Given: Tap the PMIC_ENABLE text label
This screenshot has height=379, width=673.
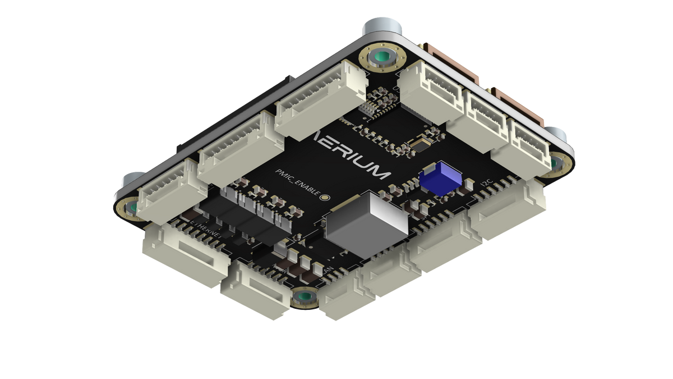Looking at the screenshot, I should tap(296, 184).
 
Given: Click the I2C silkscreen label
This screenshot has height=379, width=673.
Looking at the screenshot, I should tap(486, 183).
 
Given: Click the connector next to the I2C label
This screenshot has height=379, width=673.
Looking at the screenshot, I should tap(508, 211).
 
